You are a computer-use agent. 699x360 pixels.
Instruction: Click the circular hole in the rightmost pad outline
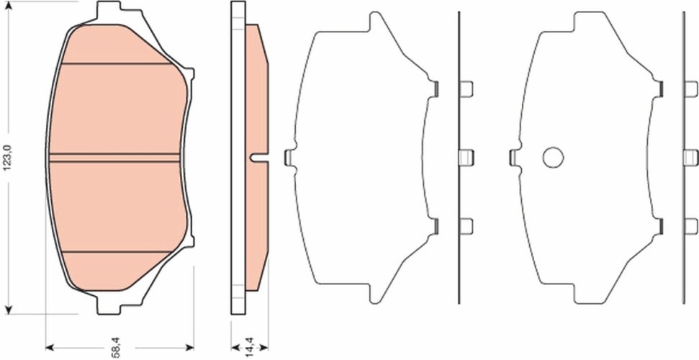pyautogui.click(x=552, y=157)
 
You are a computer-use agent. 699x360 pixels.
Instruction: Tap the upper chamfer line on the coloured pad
pyautogui.click(x=119, y=64)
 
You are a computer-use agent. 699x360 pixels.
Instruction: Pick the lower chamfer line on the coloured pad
pyautogui.click(x=119, y=252)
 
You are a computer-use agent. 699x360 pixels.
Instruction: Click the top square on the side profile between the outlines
pyautogui.click(x=466, y=89)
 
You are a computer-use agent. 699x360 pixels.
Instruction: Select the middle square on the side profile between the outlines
pyautogui.click(x=466, y=157)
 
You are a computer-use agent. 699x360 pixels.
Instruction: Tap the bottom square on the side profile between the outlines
pyautogui.click(x=466, y=225)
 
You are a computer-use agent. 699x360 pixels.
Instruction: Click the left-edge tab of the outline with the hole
pyautogui.click(x=514, y=157)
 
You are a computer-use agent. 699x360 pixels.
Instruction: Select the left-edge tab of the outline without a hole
pyautogui.click(x=289, y=157)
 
